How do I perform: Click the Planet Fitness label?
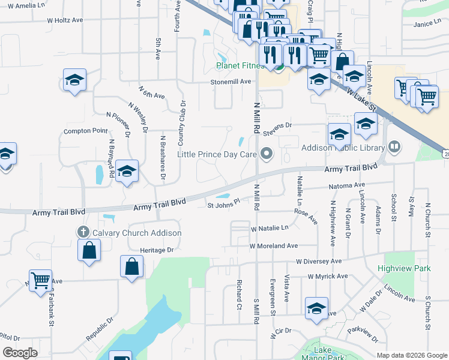(x=241, y=65)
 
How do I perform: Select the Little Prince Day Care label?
(x=217, y=154)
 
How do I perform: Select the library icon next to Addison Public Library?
(x=394, y=146)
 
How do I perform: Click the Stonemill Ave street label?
(x=230, y=82)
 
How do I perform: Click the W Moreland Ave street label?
(x=274, y=246)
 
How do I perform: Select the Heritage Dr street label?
(x=156, y=250)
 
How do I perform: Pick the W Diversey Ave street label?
(x=318, y=262)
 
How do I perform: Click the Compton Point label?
(x=86, y=131)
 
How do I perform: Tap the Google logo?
(x=19, y=353)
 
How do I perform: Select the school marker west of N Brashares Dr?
(x=127, y=171)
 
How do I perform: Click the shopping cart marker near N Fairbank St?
(x=41, y=280)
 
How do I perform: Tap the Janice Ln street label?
(x=427, y=24)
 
